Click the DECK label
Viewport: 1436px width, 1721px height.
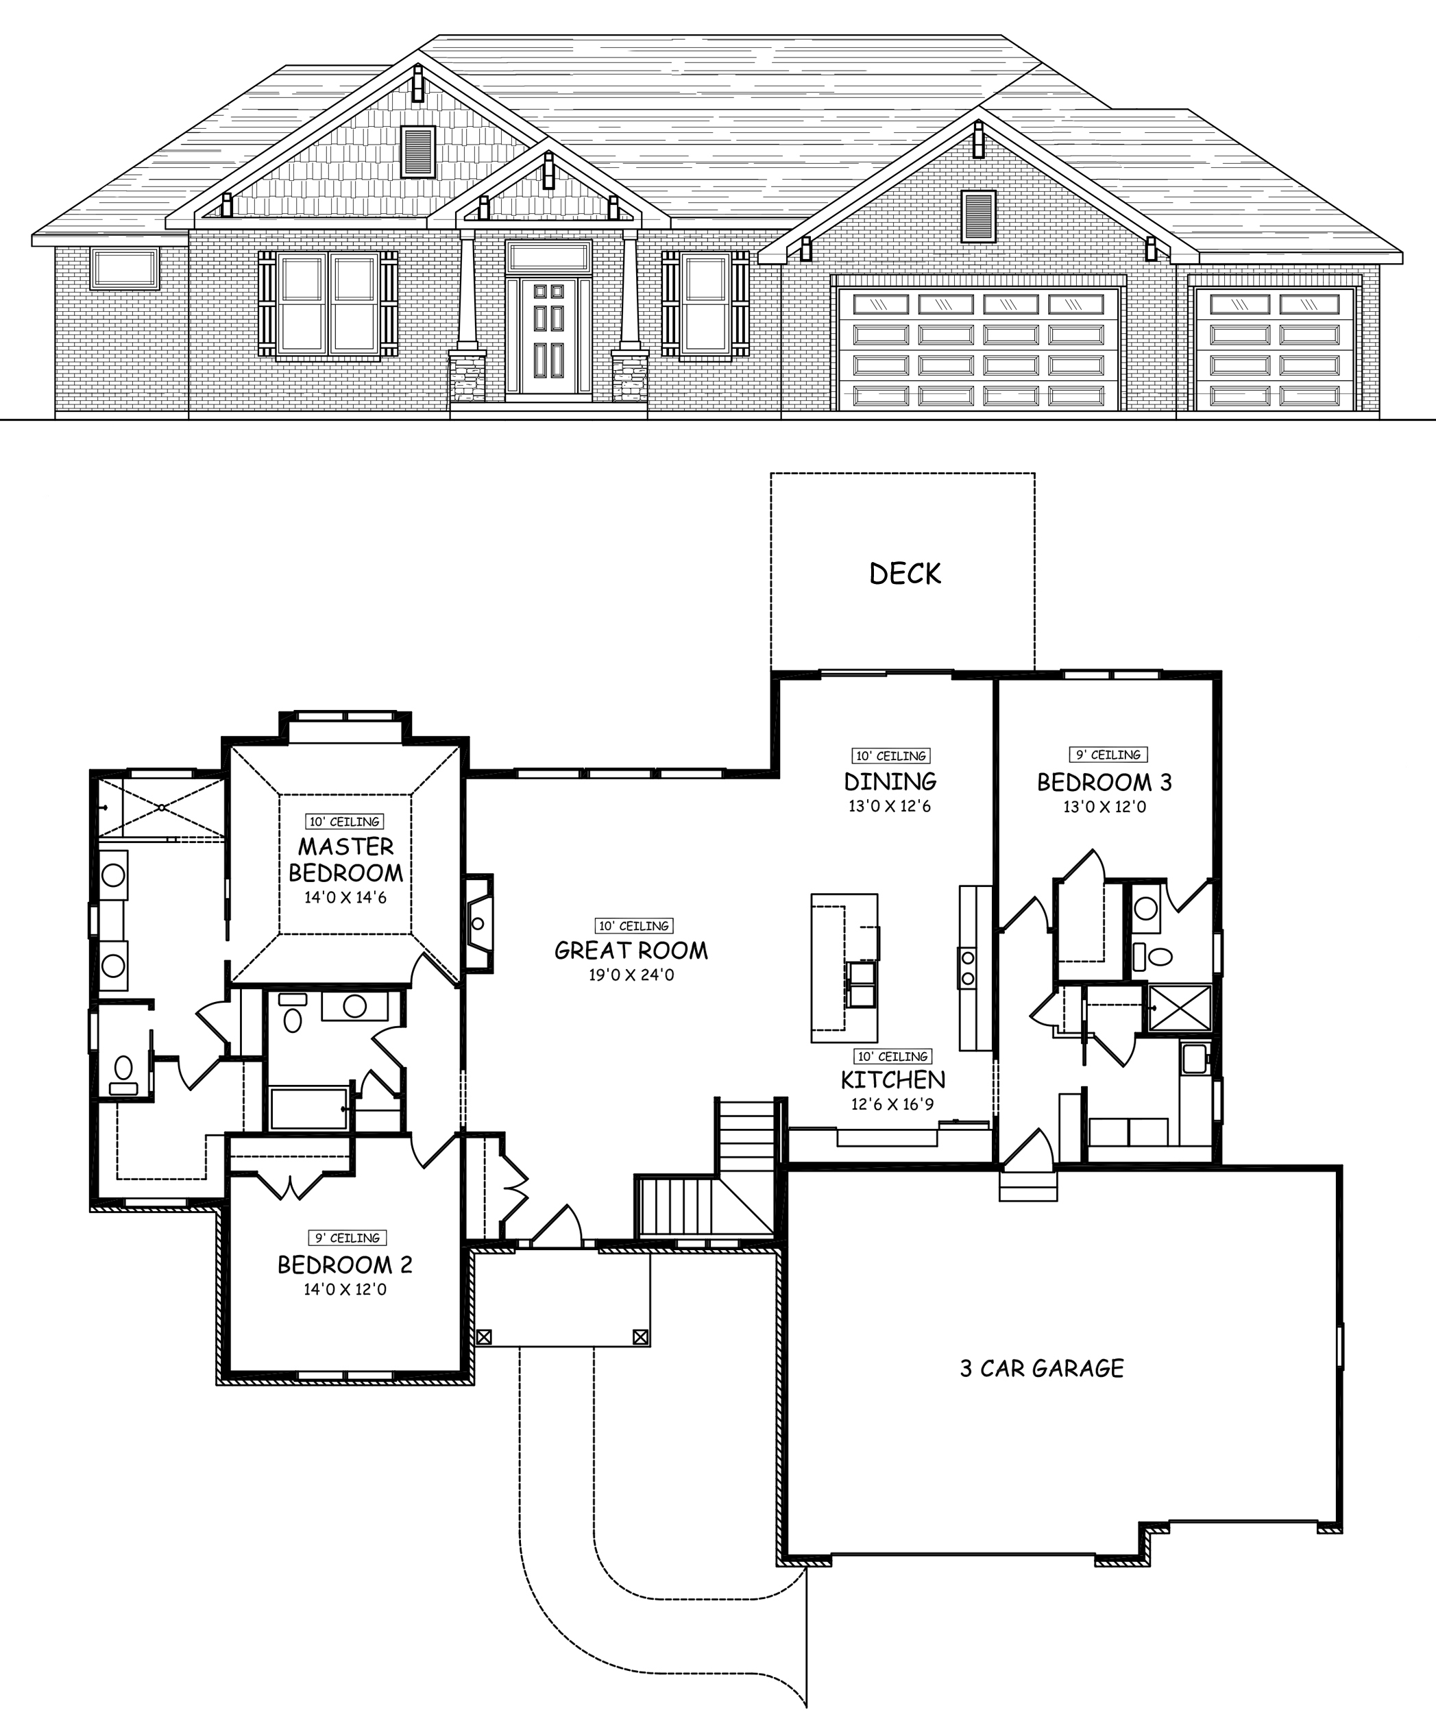pos(905,574)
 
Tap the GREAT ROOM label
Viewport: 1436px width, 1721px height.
pos(631,951)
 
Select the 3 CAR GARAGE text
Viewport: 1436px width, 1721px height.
pos(1042,1368)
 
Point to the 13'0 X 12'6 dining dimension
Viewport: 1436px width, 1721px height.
pos(889,807)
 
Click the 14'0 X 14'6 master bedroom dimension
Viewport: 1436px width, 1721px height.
pos(345,897)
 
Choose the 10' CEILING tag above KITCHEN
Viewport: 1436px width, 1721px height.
pos(892,1056)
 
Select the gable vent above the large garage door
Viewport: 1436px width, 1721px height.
pos(978,217)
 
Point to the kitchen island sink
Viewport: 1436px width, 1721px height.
pos(861,984)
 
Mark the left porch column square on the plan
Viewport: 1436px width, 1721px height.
pos(484,1337)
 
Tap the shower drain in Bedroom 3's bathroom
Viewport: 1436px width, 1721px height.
pos(1180,1008)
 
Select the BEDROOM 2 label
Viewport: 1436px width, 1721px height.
pos(344,1265)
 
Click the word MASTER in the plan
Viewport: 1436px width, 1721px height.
pos(345,846)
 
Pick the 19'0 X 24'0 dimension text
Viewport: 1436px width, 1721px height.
pos(631,975)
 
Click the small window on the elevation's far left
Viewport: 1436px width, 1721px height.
pos(125,269)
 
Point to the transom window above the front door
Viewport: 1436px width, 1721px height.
pos(548,257)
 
